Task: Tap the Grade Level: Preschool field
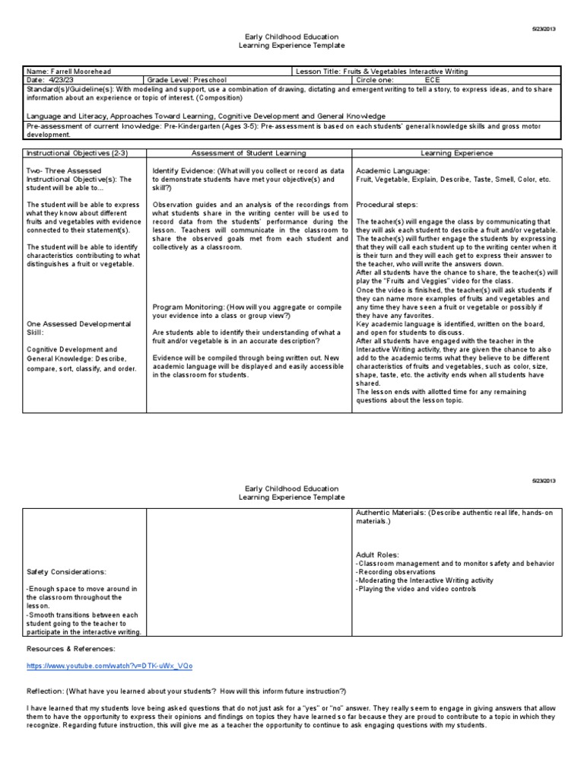coord(183,79)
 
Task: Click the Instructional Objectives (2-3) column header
coord(66,153)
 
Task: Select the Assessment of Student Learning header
coord(249,153)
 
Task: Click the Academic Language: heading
coord(392,171)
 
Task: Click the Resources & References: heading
coord(71,648)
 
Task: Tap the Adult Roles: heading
coord(377,555)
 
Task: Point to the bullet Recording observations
coord(395,571)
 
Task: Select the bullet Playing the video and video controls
coord(416,589)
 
